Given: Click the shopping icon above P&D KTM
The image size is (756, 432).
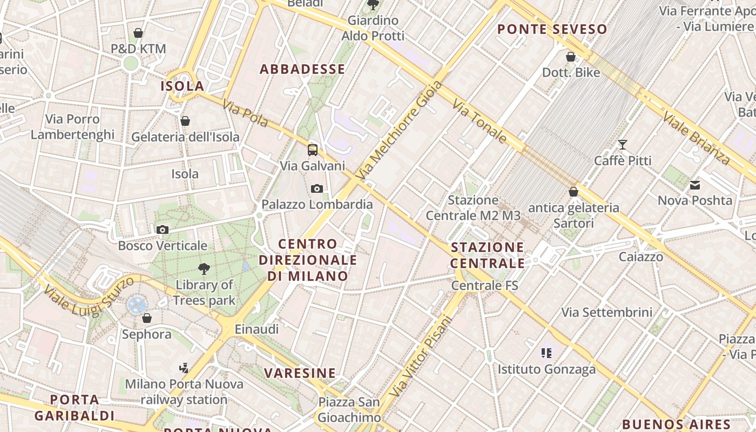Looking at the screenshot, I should [138, 33].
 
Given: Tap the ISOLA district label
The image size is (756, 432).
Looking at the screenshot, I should [182, 86].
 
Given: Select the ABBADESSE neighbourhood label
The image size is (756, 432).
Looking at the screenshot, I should [302, 69].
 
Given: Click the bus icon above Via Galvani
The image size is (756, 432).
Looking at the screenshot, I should [313, 150].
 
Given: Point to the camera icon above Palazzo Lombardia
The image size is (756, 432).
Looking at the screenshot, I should [317, 188].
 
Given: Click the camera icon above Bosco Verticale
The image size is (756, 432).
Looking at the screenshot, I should [162, 230].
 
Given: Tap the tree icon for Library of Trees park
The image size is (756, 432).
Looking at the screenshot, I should [204, 268].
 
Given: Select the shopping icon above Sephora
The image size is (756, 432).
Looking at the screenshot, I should [146, 318].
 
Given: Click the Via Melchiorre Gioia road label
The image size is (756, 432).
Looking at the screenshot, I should [400, 130].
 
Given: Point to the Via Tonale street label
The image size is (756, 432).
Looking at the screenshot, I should [480, 121].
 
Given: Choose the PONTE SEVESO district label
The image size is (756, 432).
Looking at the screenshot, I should [552, 29].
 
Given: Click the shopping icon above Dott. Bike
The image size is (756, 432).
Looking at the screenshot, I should [571, 57].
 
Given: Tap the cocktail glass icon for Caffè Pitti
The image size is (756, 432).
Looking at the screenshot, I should [623, 144].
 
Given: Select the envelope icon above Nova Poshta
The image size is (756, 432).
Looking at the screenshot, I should [695, 185].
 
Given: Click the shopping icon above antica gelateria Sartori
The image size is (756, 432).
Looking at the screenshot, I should [573, 192].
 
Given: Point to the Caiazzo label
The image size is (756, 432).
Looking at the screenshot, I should [641, 256].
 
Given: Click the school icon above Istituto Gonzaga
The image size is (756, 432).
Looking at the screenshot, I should [546, 353].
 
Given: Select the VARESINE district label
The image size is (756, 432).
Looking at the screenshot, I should [300, 373].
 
